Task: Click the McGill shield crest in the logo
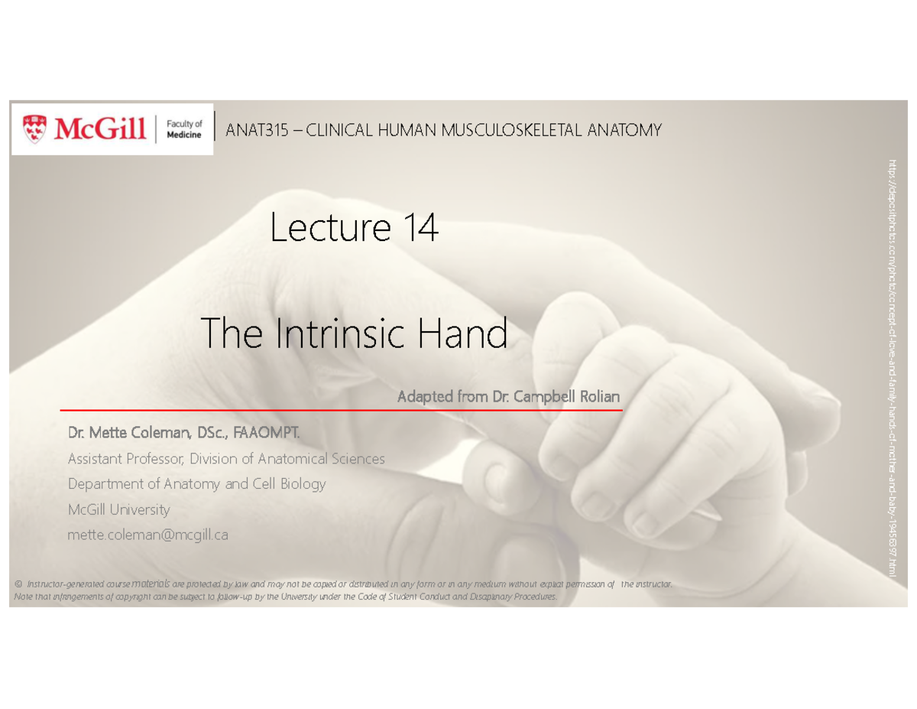(x=34, y=128)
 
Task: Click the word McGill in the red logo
(x=99, y=128)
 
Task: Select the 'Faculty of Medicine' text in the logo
(x=184, y=128)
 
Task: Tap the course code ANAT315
(x=256, y=131)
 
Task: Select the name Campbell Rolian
(x=566, y=397)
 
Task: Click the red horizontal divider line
(x=341, y=411)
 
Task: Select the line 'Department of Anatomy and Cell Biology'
(x=196, y=484)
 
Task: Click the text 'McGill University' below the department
(x=118, y=509)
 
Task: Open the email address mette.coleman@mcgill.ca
(x=147, y=535)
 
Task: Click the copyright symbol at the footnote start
(x=18, y=584)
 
